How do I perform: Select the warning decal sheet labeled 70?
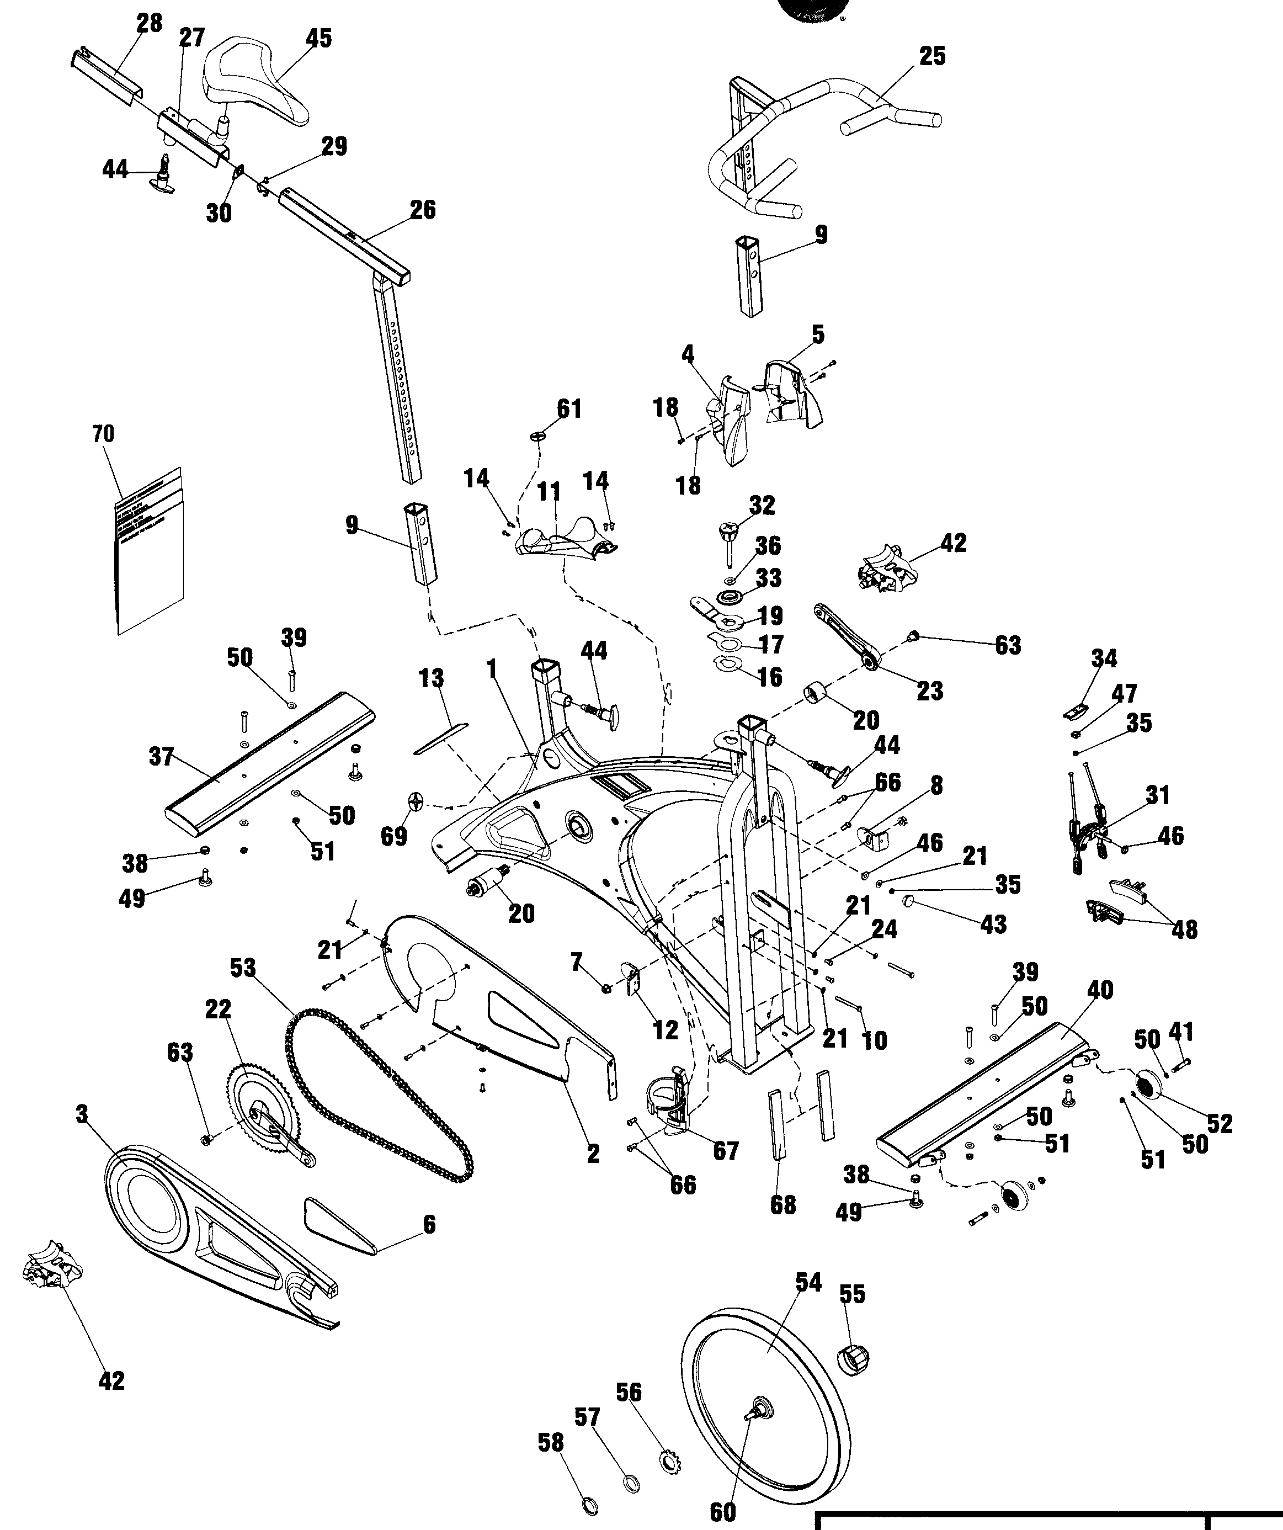(150, 554)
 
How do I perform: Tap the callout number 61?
(569, 410)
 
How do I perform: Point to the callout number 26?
(423, 210)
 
